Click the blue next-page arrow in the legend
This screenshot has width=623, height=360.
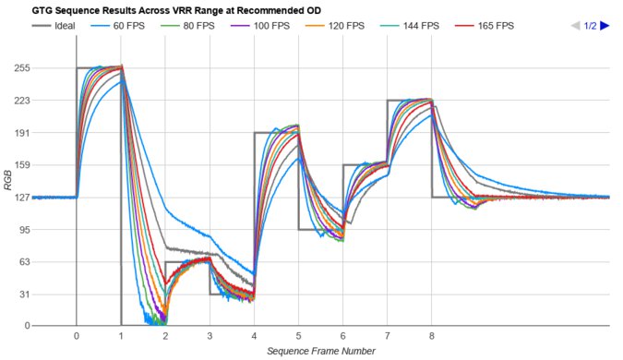(x=605, y=26)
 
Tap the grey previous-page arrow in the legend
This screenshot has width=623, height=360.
(x=576, y=26)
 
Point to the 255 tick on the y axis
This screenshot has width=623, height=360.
(x=22, y=68)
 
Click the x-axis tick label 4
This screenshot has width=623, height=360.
(x=254, y=336)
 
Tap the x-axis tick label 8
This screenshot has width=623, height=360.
(x=431, y=336)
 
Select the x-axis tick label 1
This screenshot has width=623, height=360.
(x=121, y=336)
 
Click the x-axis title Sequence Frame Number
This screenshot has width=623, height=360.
(x=320, y=351)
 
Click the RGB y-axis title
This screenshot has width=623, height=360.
(x=7, y=198)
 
